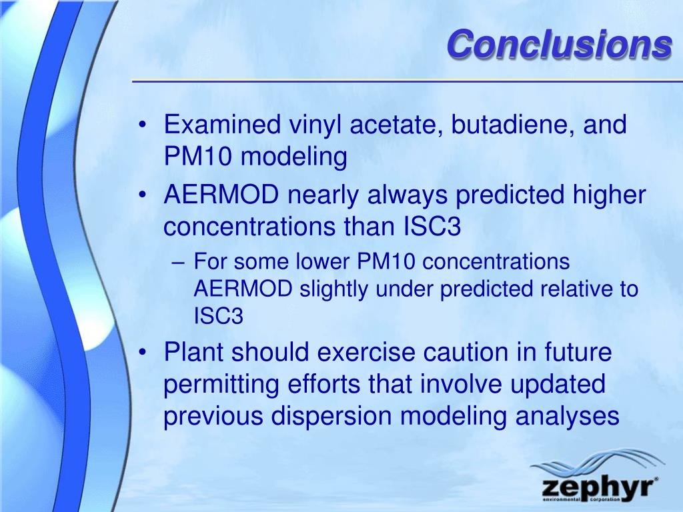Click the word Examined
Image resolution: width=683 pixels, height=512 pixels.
pos(222,124)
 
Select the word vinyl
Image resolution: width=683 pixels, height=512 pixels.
pos(315,125)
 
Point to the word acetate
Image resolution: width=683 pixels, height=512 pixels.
pos(396,125)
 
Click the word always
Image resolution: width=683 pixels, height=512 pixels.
pos(408,195)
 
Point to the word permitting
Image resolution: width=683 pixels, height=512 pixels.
pos(221,385)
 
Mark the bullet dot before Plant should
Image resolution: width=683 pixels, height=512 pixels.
pos(141,353)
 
